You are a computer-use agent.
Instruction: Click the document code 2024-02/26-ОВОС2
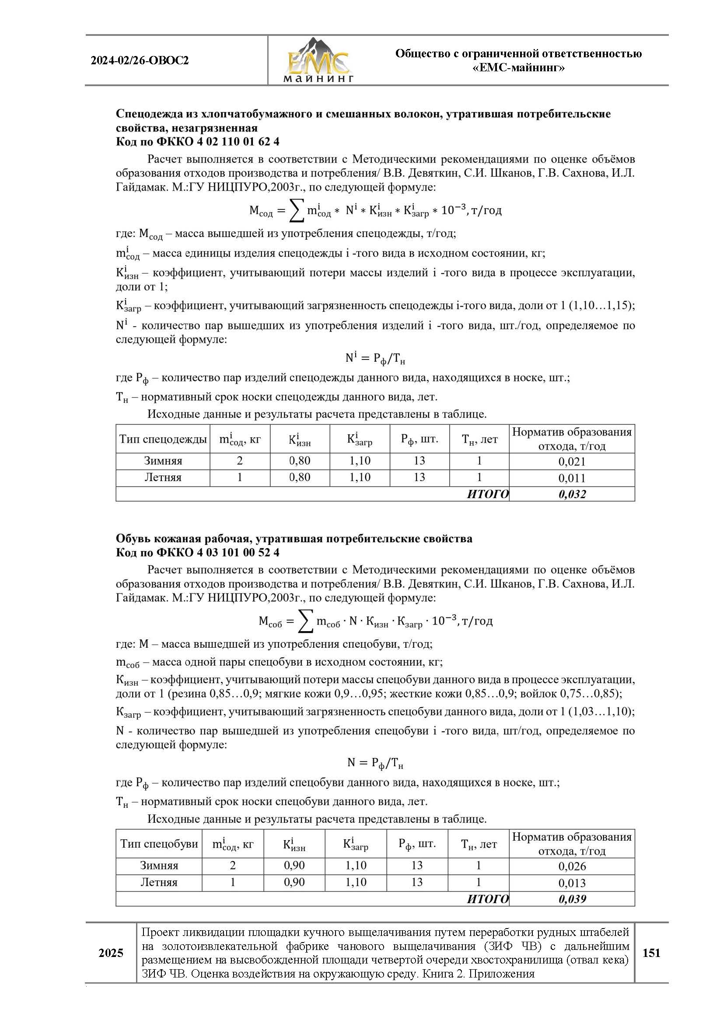click(140, 61)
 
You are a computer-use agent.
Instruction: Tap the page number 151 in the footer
click(651, 953)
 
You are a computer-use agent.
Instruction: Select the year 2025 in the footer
click(111, 953)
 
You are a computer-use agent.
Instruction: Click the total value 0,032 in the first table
click(572, 494)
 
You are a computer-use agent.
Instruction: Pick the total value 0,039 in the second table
click(572, 899)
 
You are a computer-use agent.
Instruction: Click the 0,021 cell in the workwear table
click(572, 461)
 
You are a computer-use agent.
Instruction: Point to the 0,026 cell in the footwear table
click(572, 866)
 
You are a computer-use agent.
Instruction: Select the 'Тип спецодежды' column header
click(163, 439)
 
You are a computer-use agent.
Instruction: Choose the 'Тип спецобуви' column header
click(159, 843)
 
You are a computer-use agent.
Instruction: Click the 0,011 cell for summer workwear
click(572, 478)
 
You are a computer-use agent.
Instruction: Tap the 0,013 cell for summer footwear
click(572, 883)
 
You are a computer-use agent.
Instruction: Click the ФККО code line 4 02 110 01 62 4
click(198, 142)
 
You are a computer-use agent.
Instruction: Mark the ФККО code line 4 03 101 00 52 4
click(198, 552)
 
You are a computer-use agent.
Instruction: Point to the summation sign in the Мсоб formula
click(305, 621)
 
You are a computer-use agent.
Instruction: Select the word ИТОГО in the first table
click(487, 494)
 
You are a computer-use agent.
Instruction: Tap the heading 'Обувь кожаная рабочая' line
click(294, 539)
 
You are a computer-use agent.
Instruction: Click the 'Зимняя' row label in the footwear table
click(159, 866)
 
